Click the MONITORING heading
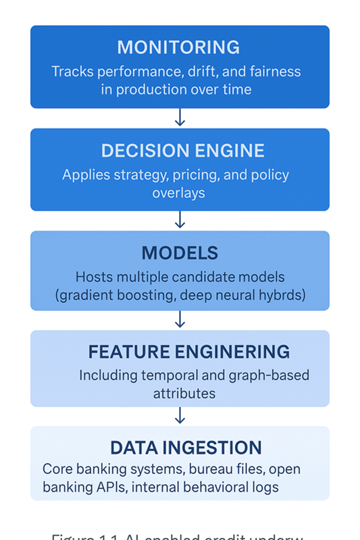click(x=178, y=47)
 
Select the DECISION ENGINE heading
click(x=178, y=150)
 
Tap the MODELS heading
click(x=180, y=253)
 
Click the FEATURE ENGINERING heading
click(x=188, y=352)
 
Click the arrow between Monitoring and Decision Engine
click(x=180, y=118)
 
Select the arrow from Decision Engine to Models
click(x=180, y=221)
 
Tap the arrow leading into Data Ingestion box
click(x=180, y=416)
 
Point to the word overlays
click(x=178, y=193)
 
